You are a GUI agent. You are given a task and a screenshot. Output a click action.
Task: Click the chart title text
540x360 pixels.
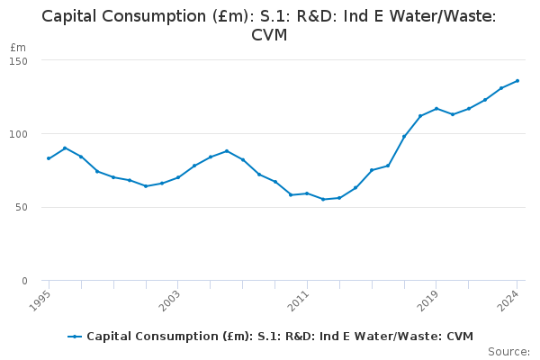[269, 25]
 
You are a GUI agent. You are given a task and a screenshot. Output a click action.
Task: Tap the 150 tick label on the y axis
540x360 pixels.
[19, 60]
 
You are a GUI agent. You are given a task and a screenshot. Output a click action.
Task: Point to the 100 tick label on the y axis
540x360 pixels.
[19, 134]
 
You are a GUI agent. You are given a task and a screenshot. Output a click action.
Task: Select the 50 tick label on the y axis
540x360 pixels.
[21, 207]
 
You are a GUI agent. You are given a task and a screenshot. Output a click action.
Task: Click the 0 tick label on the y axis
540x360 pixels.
[24, 281]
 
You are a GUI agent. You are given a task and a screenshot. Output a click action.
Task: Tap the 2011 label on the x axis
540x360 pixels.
[300, 299]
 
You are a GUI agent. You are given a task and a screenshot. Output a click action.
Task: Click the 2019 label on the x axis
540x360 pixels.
[429, 299]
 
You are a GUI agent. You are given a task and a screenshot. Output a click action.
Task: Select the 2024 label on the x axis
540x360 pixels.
[509, 299]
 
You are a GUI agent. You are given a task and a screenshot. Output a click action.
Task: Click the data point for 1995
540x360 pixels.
[49, 158]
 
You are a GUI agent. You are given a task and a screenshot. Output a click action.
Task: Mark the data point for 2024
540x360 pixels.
[517, 81]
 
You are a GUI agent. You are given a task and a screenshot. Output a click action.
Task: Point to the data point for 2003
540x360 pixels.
[177, 177]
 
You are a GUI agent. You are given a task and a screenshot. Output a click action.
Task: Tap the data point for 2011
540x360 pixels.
[307, 193]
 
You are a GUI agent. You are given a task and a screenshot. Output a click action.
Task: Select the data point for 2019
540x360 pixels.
[436, 109]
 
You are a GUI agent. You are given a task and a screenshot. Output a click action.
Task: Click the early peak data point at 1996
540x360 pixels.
[65, 148]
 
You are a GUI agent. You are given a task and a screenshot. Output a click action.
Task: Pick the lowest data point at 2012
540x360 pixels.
[323, 199]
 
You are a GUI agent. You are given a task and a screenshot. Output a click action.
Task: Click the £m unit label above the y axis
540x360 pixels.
[18, 47]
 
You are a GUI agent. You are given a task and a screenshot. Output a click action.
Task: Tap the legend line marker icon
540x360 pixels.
[75, 337]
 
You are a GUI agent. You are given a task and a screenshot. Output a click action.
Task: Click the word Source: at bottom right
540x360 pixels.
[508, 352]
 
